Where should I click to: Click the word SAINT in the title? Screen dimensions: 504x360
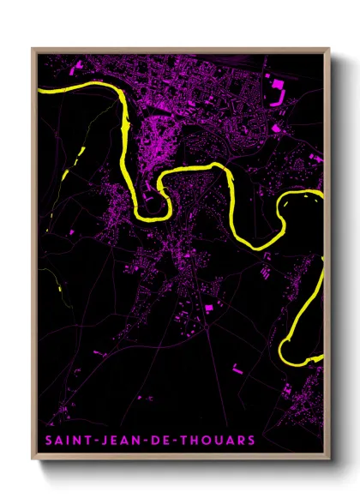(x=67, y=441)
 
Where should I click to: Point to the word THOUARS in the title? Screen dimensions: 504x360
(x=220, y=441)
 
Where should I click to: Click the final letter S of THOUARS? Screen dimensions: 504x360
(x=251, y=441)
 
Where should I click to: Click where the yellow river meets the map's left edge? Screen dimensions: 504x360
(x=39, y=89)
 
